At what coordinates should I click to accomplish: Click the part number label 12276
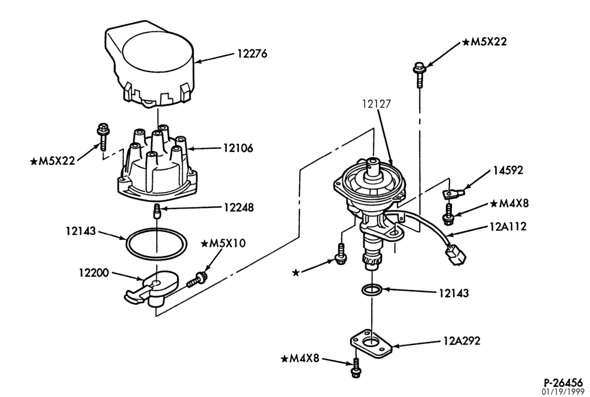point(252,54)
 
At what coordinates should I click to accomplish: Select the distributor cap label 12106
point(238,148)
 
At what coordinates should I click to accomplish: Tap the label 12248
point(238,207)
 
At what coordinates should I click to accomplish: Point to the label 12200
point(94,272)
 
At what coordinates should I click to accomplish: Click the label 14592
point(508,170)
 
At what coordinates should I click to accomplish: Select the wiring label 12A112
point(508,226)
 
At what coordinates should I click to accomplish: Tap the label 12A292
point(462,341)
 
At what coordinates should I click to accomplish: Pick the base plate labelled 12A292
point(372,343)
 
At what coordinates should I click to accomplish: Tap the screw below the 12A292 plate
point(355,369)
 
